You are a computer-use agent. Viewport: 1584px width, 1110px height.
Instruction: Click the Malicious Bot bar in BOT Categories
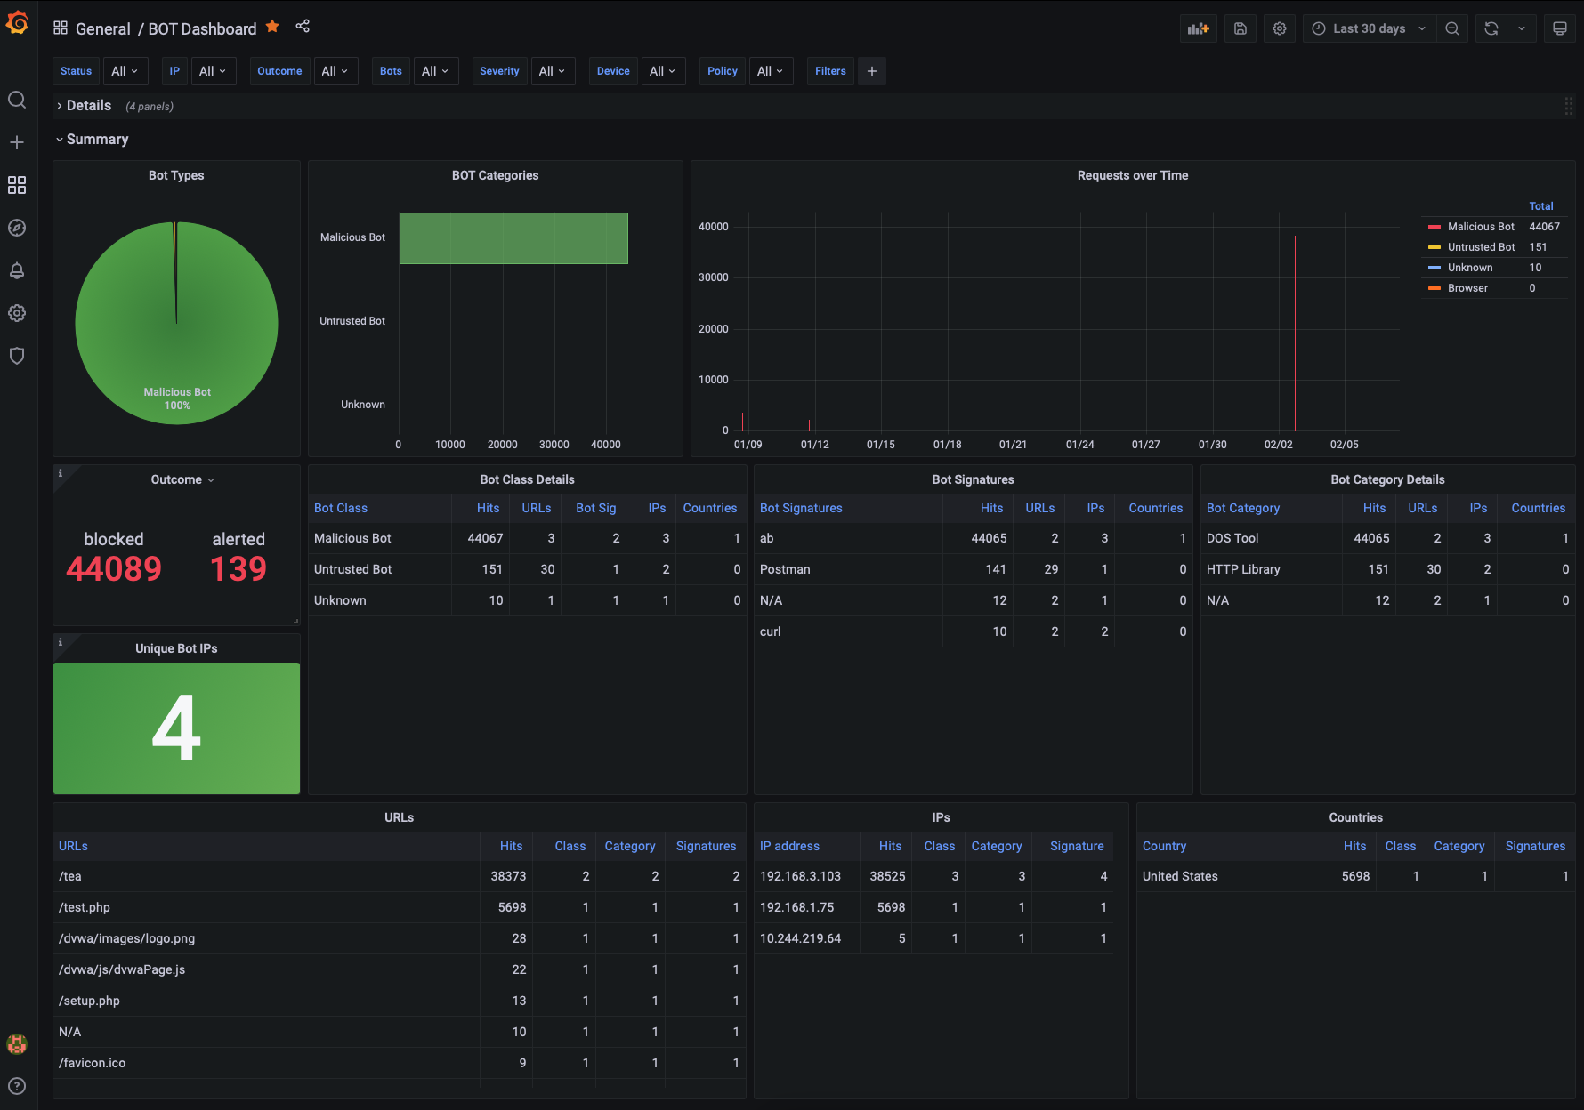point(513,238)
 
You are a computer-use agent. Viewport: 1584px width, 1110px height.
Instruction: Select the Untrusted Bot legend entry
point(1481,247)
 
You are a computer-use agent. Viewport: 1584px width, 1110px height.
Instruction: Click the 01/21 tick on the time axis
point(1013,445)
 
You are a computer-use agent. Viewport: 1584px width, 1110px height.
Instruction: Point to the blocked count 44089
point(114,569)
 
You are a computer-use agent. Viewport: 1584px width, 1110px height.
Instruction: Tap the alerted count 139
point(238,569)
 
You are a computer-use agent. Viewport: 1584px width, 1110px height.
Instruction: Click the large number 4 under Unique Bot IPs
point(176,728)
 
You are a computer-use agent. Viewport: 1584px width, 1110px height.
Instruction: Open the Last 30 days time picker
point(1370,28)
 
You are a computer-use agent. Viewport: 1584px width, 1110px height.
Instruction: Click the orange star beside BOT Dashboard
point(272,27)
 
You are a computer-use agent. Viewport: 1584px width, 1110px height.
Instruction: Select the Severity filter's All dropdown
point(553,71)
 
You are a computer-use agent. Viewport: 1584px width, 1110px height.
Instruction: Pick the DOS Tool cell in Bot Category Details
point(1232,538)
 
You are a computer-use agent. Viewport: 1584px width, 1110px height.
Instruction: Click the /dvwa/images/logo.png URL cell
point(126,938)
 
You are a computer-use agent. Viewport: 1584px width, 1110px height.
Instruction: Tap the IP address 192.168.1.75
point(797,907)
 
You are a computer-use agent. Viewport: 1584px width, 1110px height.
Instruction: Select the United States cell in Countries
point(1180,876)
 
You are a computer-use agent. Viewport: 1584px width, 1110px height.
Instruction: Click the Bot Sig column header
point(595,508)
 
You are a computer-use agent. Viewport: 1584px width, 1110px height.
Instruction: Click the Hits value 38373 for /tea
point(508,876)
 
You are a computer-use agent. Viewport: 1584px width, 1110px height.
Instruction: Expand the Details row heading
point(89,106)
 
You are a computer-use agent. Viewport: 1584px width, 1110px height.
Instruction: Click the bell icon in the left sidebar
point(17,270)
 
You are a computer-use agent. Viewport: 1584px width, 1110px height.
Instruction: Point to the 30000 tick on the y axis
point(714,277)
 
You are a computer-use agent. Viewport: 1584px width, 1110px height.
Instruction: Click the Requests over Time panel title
point(1133,175)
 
